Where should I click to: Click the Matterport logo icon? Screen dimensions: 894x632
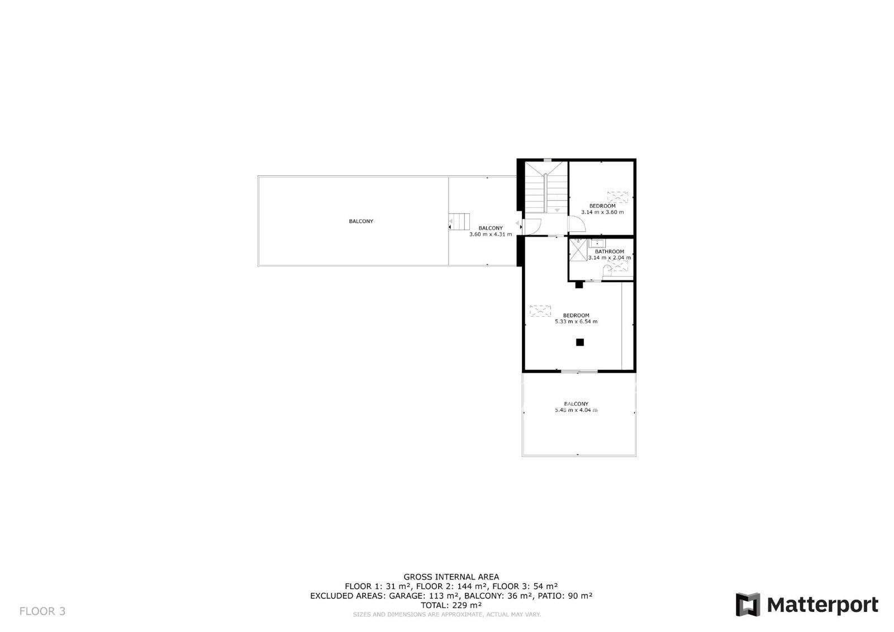tap(748, 605)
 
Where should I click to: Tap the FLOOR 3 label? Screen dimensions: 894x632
tap(42, 611)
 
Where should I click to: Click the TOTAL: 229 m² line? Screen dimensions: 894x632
tap(451, 605)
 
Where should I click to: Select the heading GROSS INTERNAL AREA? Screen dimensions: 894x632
tap(451, 577)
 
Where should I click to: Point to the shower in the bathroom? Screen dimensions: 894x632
tap(578, 250)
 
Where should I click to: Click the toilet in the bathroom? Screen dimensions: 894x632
tap(607, 270)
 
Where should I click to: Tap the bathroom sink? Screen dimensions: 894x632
tap(597, 243)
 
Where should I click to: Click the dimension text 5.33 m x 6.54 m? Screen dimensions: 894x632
tap(576, 321)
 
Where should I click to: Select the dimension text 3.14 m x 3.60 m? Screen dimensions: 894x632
tap(602, 212)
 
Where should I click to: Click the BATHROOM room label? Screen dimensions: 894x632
tap(610, 251)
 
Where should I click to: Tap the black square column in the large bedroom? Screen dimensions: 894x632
tap(580, 342)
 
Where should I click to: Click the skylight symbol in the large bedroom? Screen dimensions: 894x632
tap(540, 311)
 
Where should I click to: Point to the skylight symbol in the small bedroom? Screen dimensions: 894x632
tap(617, 197)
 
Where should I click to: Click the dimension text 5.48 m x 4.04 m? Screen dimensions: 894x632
tap(576, 410)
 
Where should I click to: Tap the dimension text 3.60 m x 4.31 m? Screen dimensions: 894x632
tap(491, 234)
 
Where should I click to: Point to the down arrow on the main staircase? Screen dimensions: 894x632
tap(557, 210)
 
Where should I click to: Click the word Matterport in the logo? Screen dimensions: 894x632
tap(822, 605)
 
